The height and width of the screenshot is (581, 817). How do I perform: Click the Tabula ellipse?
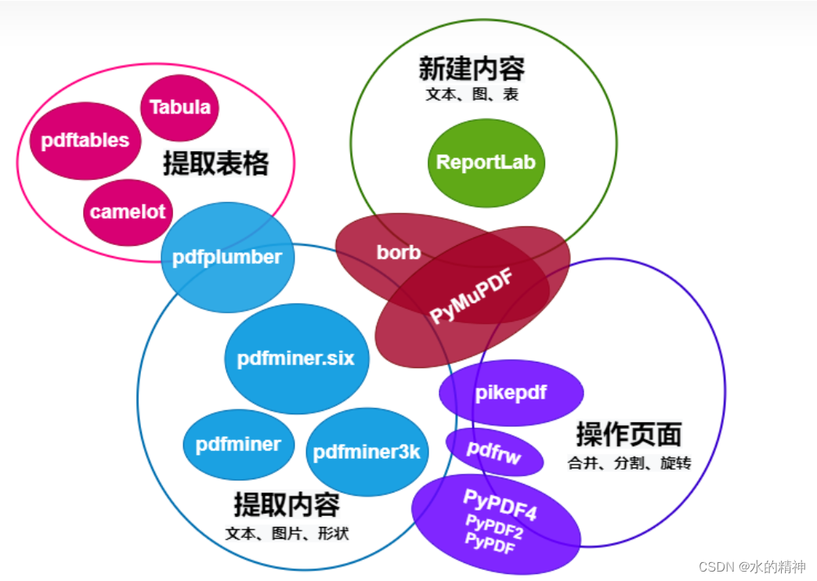tap(179, 107)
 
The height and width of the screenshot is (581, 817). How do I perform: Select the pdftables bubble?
tap(85, 141)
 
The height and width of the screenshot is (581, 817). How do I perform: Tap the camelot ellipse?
tap(128, 211)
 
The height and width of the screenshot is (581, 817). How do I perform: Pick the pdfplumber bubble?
tap(227, 257)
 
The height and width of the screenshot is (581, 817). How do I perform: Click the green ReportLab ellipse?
tap(486, 162)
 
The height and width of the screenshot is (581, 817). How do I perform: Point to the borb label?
tap(399, 252)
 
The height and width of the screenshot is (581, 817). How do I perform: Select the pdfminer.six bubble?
tap(296, 359)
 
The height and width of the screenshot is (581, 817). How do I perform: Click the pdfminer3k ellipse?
tap(367, 452)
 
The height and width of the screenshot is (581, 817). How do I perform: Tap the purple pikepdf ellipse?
tap(511, 393)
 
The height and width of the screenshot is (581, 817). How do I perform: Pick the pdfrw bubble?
tap(494, 452)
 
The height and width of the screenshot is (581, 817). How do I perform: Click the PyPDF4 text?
tap(500, 505)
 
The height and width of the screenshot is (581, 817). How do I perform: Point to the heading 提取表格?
tap(215, 164)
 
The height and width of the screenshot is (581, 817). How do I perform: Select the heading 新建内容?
tap(472, 69)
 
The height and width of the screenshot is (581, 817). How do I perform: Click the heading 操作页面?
tap(629, 433)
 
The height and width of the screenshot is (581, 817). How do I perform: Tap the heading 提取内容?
tap(287, 504)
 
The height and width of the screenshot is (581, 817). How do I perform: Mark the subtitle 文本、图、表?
tap(472, 95)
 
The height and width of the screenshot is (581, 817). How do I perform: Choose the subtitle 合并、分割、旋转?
tap(629, 463)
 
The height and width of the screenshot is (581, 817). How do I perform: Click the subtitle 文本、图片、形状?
tap(287, 534)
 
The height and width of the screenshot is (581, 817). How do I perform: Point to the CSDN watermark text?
tap(750, 566)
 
